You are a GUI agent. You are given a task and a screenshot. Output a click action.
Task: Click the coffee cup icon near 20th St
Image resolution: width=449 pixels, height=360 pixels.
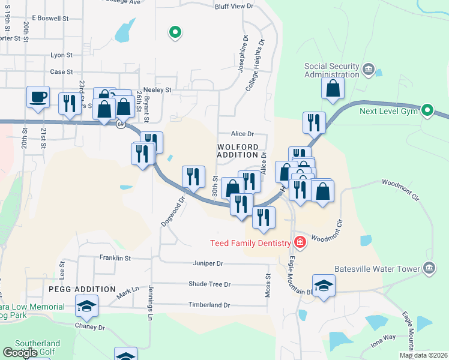click(x=38, y=97)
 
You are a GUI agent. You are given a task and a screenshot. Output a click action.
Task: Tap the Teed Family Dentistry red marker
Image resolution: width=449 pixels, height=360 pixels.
click(x=300, y=243)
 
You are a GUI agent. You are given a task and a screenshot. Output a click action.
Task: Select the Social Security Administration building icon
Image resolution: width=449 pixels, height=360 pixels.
click(x=368, y=71)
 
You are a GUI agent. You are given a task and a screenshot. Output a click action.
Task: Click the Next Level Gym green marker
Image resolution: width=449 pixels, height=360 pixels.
click(x=427, y=110)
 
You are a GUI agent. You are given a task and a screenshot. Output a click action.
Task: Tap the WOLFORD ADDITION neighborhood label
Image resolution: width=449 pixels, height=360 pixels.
click(x=238, y=151)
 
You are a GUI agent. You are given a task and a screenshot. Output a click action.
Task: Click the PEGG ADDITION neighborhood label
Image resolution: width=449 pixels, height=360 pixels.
click(x=82, y=289)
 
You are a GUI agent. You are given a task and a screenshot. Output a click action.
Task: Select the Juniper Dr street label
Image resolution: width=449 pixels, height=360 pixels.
click(x=208, y=263)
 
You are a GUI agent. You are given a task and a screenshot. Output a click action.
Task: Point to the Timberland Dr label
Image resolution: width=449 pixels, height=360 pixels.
click(x=209, y=305)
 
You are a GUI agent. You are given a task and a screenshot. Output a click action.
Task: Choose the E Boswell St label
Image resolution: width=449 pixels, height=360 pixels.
click(x=52, y=19)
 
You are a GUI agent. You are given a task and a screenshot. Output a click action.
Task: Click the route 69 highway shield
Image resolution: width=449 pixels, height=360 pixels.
click(x=121, y=125)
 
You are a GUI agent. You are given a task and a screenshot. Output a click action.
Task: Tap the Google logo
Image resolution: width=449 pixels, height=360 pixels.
click(x=20, y=353)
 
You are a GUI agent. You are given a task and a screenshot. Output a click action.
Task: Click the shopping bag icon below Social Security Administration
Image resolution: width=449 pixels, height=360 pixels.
click(x=333, y=88)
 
